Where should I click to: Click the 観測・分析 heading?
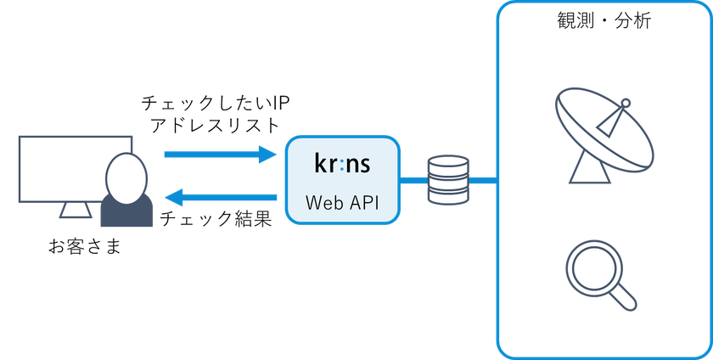pos(604,21)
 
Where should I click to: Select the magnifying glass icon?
pos(601,276)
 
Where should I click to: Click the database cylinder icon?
pos(448,179)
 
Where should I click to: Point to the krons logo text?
pos(342,163)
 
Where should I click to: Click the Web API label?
pos(342,203)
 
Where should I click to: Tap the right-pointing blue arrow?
pos(221,155)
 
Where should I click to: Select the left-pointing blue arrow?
pos(221,197)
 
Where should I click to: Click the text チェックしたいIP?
pos(215,104)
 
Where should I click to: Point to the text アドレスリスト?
pos(215,126)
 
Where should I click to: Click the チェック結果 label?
pos(216,219)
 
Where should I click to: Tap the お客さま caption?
pos(85,247)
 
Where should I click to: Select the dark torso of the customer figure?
pos(126,212)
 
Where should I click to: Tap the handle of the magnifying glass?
pos(622,298)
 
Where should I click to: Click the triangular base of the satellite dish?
pos(590,167)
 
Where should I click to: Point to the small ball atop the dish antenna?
pos(626,104)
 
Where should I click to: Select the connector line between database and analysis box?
pos(482,181)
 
